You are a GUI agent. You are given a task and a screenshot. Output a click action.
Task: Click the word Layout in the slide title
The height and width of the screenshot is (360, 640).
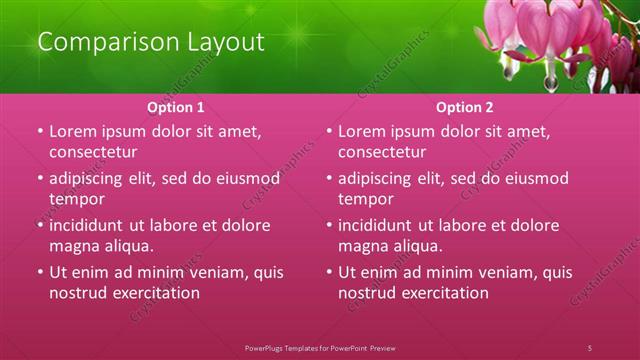[229, 43]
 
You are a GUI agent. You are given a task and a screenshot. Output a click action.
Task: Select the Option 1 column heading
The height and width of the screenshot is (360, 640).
[176, 107]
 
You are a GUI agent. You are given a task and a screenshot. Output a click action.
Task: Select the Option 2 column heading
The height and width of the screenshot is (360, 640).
[464, 107]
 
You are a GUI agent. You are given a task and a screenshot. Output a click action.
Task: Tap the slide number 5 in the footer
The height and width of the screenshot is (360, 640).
[590, 347]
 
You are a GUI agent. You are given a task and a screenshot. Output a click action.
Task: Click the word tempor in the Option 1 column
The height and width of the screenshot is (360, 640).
[77, 199]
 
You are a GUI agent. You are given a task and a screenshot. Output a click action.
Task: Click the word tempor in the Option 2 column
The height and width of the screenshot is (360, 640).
[366, 199]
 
